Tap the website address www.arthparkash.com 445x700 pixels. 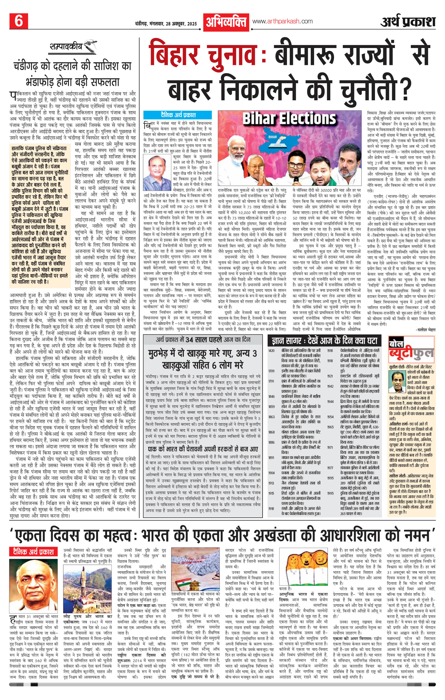pos(282,21)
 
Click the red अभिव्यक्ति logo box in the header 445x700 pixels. pos(226,22)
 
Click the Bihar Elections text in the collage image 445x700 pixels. pos(289,119)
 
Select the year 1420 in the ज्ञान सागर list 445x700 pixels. pos(271,351)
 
